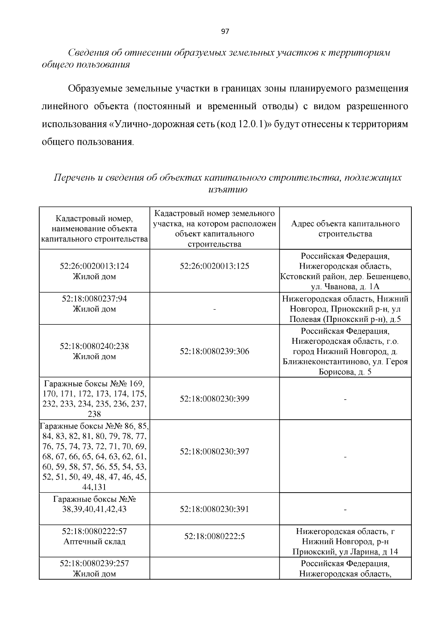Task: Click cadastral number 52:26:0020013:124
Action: coord(94,266)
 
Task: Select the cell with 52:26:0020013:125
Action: coord(214,266)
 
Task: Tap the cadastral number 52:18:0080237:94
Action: coord(94,299)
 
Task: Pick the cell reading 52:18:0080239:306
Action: coord(214,352)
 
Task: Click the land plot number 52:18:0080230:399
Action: coord(214,399)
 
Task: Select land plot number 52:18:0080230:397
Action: coord(214,452)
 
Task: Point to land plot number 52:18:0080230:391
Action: coord(214,509)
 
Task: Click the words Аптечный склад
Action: coord(94,541)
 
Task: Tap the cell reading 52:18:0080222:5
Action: coord(214,537)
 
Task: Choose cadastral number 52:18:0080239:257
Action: coord(94,563)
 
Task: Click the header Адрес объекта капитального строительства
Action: coord(345,229)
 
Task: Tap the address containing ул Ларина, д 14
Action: coord(345,552)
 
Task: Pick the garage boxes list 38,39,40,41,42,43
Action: coord(94,509)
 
